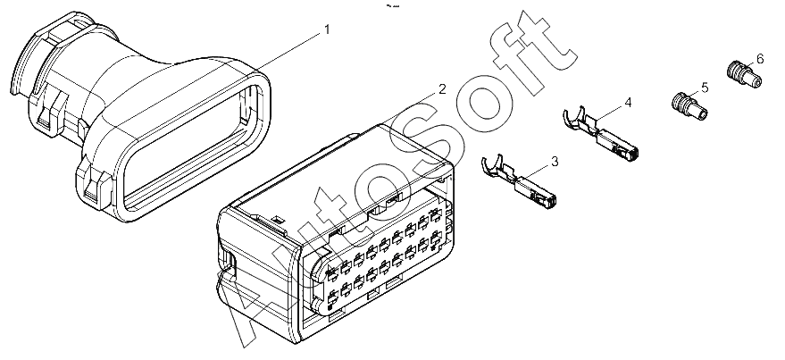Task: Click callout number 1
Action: [x=328, y=29]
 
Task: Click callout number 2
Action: [x=441, y=89]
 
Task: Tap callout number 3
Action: [x=555, y=161]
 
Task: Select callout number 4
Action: [x=628, y=103]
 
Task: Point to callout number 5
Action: [x=705, y=88]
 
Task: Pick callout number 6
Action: [x=760, y=59]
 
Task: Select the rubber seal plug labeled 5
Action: [x=689, y=106]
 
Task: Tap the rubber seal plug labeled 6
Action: [x=744, y=74]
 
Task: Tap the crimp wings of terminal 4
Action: [x=576, y=118]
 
